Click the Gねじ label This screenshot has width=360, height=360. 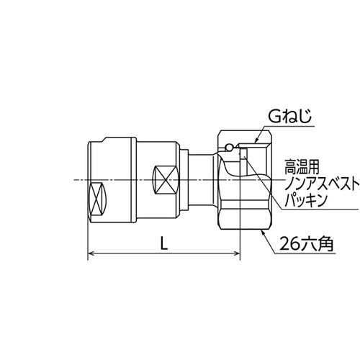coord(289,117)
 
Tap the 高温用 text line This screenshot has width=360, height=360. coord(302,167)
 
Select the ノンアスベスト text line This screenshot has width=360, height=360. coord(322,185)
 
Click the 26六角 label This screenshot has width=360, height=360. coord(307,244)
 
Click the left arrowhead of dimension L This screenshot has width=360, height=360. coord(91,253)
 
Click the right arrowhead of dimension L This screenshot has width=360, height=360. coord(237,253)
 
